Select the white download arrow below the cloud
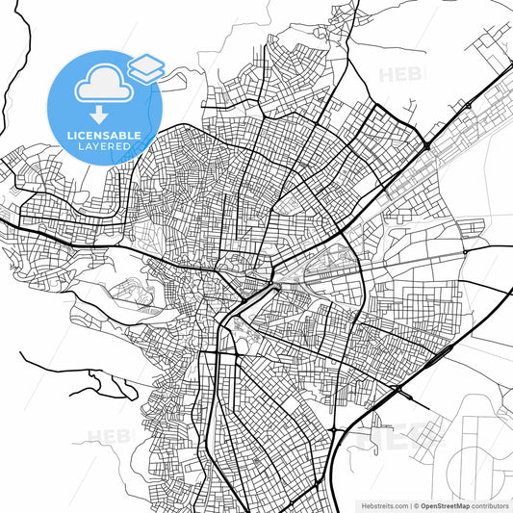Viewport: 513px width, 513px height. pos(101,115)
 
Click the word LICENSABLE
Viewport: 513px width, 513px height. pos(105,136)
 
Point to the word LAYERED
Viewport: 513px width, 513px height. pos(105,146)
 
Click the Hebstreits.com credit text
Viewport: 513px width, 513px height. pos(383,505)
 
